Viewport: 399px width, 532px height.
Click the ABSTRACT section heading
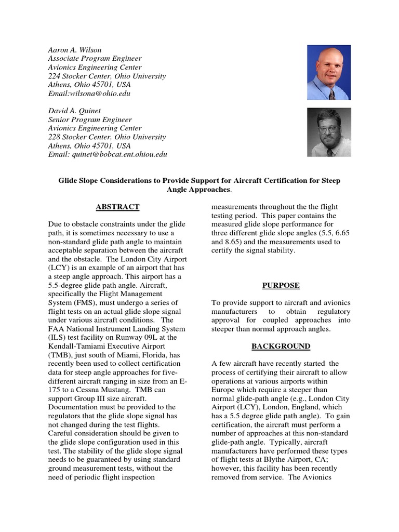coord(117,207)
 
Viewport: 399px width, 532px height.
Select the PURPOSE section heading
coord(281,286)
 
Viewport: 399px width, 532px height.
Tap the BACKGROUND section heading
coord(281,346)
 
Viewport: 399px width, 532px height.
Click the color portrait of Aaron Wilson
coord(329,72)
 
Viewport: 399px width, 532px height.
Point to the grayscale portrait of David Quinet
coord(329,132)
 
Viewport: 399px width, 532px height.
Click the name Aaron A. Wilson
coord(75,50)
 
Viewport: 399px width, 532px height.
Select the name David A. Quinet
coord(75,111)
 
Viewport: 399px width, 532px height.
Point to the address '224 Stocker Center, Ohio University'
coord(107,76)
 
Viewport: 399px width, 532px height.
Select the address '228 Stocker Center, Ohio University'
coord(107,137)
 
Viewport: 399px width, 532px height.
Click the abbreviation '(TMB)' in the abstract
coord(60,354)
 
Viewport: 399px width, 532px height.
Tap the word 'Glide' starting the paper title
coord(68,180)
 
